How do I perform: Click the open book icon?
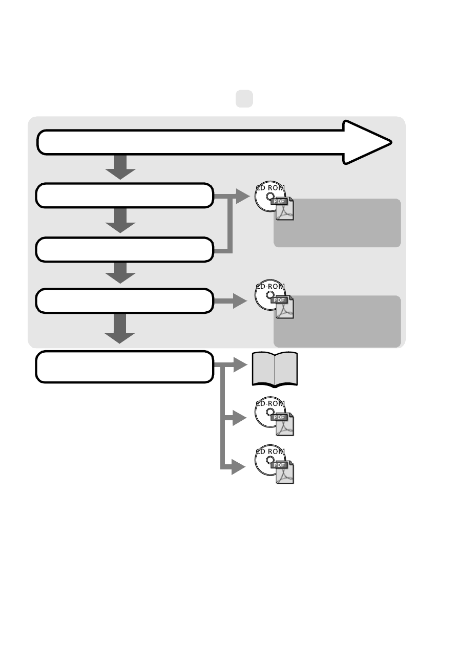275,370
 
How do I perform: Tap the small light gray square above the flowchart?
244,99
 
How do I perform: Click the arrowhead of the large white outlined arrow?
367,142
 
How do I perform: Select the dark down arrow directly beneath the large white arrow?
120,167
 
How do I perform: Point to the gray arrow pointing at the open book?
231,364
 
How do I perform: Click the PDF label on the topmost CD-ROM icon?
279,201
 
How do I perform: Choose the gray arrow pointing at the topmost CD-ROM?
232,197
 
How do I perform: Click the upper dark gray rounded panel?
337,223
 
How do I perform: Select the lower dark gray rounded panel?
337,321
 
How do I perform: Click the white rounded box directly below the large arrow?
124,195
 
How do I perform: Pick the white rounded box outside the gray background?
124,367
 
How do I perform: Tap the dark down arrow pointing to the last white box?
119,329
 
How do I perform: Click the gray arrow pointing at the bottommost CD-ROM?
234,467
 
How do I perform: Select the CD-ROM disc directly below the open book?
270,412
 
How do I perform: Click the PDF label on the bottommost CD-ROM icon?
279,465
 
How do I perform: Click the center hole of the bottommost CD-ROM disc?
270,460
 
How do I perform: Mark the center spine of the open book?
275,370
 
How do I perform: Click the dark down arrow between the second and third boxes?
120,221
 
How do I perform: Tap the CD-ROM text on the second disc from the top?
270,286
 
